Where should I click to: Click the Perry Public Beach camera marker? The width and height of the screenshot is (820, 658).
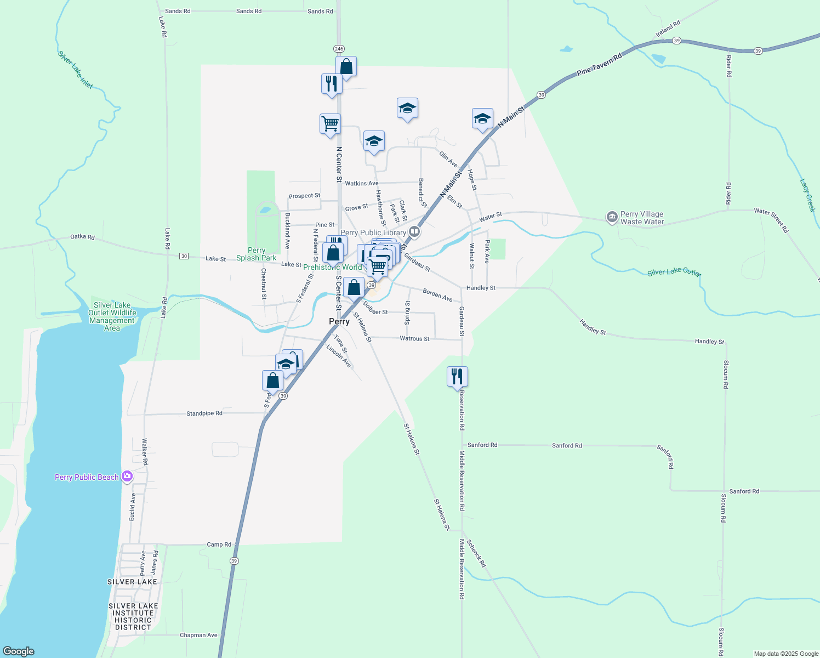(127, 477)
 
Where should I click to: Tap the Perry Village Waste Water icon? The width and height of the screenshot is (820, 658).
(612, 218)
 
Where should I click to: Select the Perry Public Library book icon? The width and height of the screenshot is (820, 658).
(414, 232)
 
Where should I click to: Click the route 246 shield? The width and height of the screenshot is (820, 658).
(339, 49)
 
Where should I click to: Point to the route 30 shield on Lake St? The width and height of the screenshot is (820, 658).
(184, 256)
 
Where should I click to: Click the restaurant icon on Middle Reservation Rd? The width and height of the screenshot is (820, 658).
(457, 377)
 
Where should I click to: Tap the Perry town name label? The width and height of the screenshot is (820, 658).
(339, 322)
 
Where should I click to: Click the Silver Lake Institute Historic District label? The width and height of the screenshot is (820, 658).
(133, 616)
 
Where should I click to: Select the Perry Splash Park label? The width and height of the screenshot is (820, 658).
(257, 254)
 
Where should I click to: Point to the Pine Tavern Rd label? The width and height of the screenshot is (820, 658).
(600, 65)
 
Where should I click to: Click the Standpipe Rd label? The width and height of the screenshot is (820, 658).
(204, 413)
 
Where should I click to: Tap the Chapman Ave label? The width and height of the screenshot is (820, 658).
(198, 635)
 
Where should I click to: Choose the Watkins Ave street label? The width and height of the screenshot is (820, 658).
(361, 183)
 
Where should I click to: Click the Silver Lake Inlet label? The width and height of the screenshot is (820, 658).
(76, 70)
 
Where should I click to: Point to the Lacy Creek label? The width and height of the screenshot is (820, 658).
(807, 195)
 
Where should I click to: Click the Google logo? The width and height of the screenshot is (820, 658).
(19, 651)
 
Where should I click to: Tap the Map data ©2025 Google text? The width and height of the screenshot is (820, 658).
(786, 654)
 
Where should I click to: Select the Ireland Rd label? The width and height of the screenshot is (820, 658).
(668, 29)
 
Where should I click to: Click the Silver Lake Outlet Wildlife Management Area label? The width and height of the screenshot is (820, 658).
(112, 316)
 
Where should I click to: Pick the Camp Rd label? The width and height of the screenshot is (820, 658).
(219, 544)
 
